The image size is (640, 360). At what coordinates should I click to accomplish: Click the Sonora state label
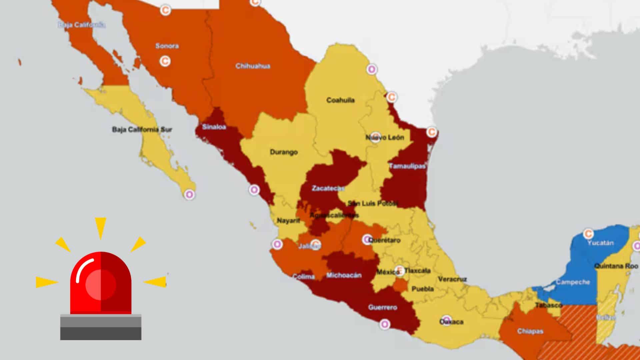click(x=167, y=46)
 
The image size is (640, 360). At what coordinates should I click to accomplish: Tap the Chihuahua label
click(x=253, y=66)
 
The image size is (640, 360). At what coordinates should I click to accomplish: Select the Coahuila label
click(x=340, y=100)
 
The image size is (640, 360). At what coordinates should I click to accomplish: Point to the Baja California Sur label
click(x=142, y=129)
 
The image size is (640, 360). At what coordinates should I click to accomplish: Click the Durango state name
click(x=284, y=152)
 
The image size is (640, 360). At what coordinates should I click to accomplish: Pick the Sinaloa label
click(x=214, y=127)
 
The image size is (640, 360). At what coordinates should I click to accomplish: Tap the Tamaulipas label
click(x=407, y=166)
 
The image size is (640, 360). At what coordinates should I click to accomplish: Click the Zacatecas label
click(x=328, y=188)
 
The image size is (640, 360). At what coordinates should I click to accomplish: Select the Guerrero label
click(x=382, y=307)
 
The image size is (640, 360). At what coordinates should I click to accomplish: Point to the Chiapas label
click(x=530, y=331)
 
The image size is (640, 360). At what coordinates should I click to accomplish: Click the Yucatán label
click(x=600, y=243)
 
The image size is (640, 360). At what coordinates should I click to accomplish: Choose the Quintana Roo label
click(x=616, y=266)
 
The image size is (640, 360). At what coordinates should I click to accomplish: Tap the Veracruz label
click(x=452, y=279)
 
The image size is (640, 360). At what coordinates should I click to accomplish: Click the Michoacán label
click(x=344, y=275)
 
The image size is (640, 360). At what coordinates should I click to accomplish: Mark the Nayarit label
click(x=288, y=221)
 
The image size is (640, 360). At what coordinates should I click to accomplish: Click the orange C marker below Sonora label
click(x=165, y=61)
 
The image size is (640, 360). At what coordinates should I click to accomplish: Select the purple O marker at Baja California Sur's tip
click(x=189, y=194)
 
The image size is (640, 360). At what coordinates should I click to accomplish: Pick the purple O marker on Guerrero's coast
click(x=385, y=324)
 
